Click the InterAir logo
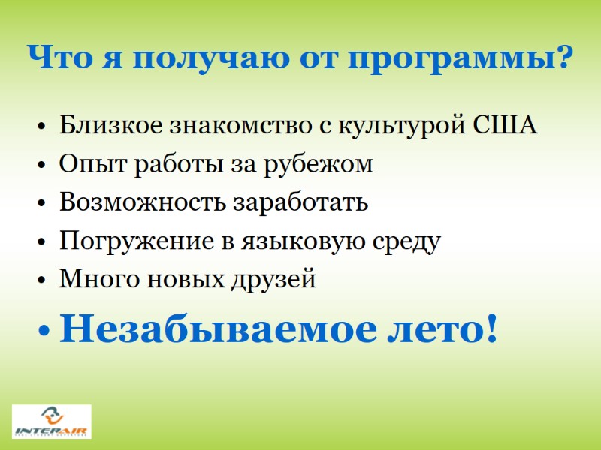[x=52, y=421]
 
